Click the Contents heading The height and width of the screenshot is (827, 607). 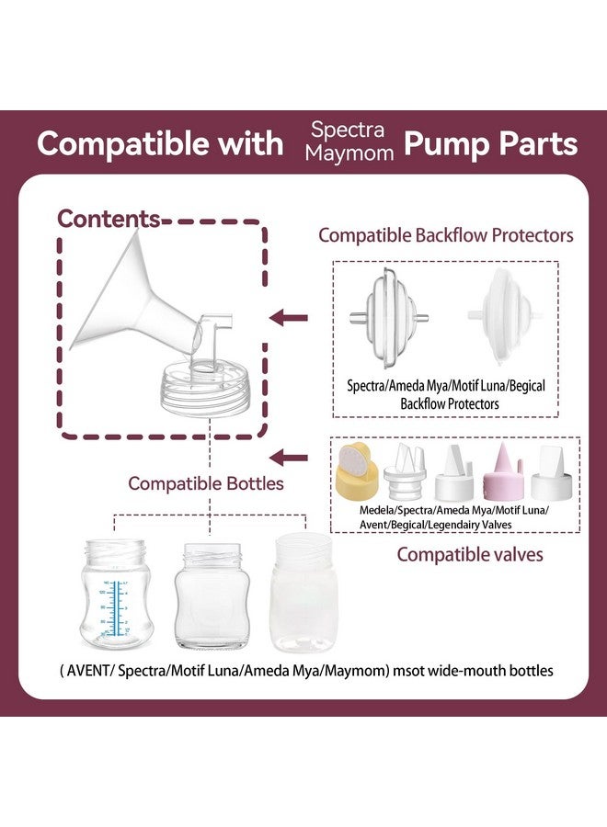pyautogui.click(x=109, y=219)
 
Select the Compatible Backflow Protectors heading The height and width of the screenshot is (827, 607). pyautogui.click(x=446, y=235)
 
